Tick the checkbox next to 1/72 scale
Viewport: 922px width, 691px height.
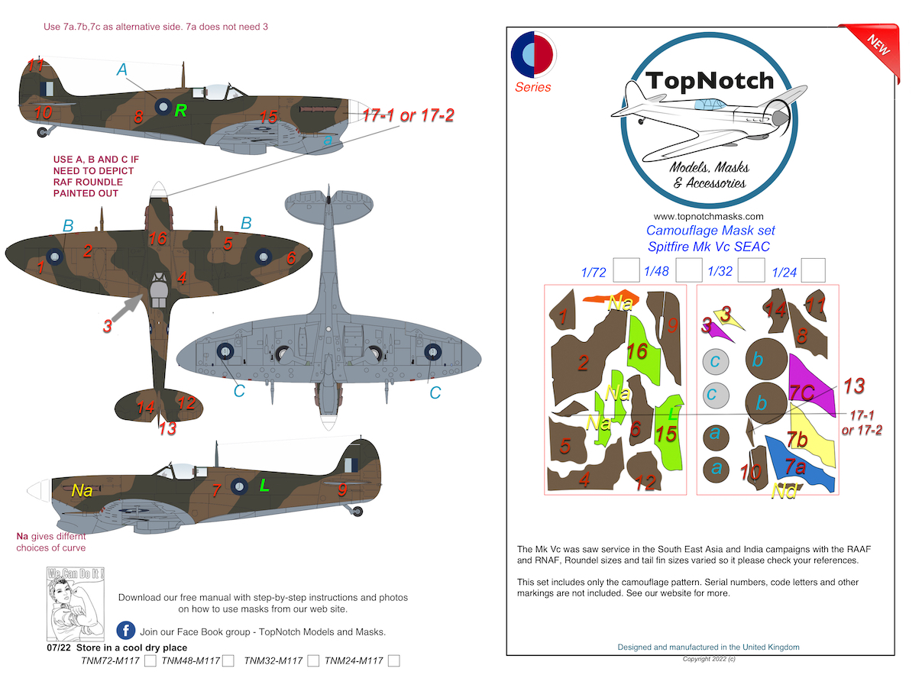(x=626, y=270)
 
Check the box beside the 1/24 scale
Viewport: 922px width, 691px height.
(x=813, y=270)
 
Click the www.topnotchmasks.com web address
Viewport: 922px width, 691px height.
(x=708, y=216)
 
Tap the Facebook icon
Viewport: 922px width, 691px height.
(x=126, y=631)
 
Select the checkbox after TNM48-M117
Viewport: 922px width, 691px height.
(x=228, y=661)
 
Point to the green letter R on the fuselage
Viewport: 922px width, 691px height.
(x=180, y=111)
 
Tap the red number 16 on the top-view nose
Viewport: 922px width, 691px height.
(x=157, y=238)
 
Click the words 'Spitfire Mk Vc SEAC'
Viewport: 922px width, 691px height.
(x=708, y=247)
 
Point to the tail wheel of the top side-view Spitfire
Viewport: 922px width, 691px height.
(x=41, y=132)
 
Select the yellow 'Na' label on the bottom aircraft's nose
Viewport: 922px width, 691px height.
(x=82, y=490)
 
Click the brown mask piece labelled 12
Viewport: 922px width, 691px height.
(x=643, y=473)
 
